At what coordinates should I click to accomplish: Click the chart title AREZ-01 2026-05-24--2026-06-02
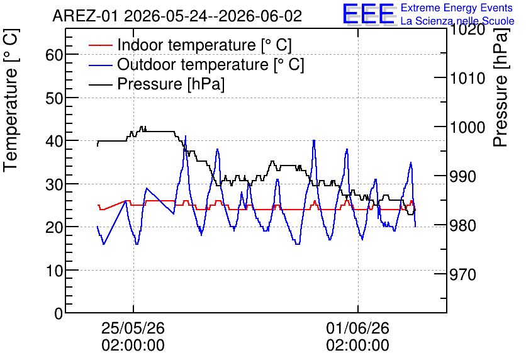177,16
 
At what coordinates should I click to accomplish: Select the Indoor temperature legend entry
190,45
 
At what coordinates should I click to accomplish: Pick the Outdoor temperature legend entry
196,64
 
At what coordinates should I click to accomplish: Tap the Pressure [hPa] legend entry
157,84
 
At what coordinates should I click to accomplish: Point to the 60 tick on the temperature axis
54,54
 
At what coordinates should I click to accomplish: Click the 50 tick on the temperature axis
54,98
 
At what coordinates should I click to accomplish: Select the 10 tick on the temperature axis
54,270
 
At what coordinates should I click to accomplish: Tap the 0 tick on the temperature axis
59,313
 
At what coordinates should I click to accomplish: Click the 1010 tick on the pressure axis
467,78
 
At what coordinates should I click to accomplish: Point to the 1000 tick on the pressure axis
467,127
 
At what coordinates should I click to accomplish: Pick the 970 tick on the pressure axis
463,274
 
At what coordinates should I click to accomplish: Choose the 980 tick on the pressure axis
463,225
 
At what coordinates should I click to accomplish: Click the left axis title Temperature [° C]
11,101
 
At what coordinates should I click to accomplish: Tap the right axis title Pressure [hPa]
501,87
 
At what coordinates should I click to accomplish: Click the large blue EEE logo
368,14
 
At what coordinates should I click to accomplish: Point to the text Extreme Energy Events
457,8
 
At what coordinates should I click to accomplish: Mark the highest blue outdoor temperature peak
186,136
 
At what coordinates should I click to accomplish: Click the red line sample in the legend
100,45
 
